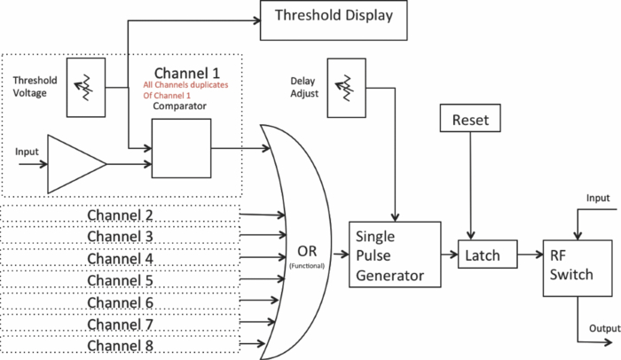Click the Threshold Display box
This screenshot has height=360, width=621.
click(x=333, y=19)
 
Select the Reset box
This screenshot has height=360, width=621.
click(x=469, y=118)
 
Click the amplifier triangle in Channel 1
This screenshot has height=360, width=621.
click(x=75, y=164)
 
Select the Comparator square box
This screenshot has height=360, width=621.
click(x=181, y=148)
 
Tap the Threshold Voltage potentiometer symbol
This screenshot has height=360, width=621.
click(x=86, y=87)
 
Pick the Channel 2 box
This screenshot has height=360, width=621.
click(x=121, y=215)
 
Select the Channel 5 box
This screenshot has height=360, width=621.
click(x=121, y=280)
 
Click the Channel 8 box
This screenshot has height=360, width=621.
click(x=121, y=345)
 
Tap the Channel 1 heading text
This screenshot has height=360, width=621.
click(x=186, y=71)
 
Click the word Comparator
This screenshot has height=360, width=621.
click(x=181, y=106)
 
